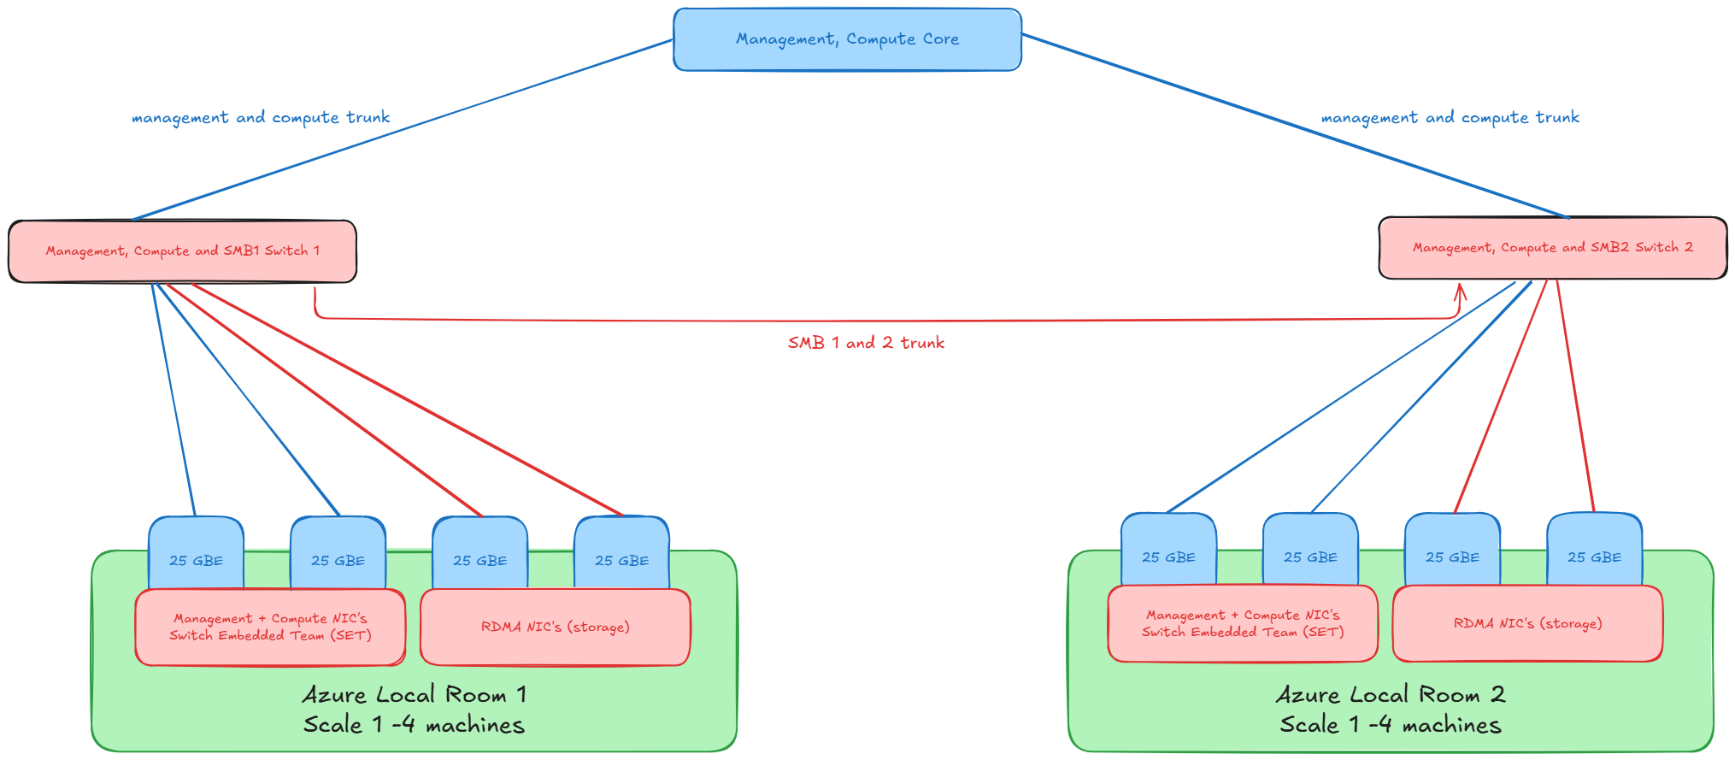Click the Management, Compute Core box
[x=847, y=39]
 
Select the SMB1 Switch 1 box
[x=182, y=251]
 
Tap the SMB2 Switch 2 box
[x=1552, y=248]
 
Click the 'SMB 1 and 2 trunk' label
[x=866, y=343]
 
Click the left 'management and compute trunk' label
[x=261, y=117]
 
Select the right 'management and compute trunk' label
[x=1450, y=117]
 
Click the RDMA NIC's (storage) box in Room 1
[x=555, y=627]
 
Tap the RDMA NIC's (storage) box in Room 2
[x=1527, y=624]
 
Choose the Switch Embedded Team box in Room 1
[x=270, y=627]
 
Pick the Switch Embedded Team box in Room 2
[x=1243, y=624]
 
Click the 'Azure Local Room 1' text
[x=415, y=694]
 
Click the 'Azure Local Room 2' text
[x=1391, y=694]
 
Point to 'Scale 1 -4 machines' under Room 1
[x=414, y=725]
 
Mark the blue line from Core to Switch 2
[x=1295, y=127]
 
